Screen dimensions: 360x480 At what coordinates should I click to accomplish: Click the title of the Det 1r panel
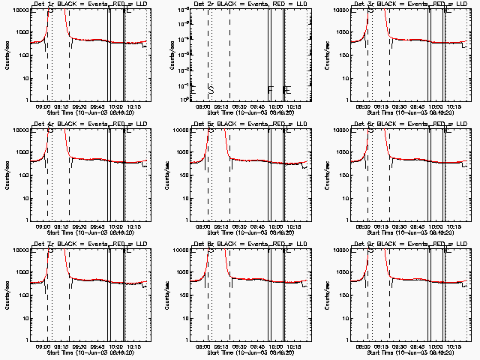click(x=85, y=4)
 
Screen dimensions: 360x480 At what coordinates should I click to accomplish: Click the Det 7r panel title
click(x=85, y=244)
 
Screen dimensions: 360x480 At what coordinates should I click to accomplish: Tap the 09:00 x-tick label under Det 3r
click(x=364, y=106)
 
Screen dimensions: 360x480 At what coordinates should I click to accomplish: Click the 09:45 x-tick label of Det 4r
click(x=97, y=226)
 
